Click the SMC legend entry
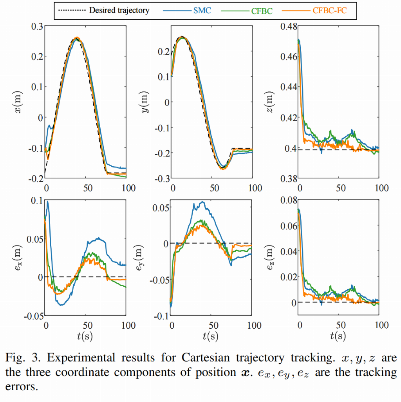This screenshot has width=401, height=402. point(202,11)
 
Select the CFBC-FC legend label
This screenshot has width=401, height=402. point(329,11)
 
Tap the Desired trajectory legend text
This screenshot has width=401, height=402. point(119,11)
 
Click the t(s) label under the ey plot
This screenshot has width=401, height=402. point(212,336)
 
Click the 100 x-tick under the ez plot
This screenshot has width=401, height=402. point(379,326)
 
